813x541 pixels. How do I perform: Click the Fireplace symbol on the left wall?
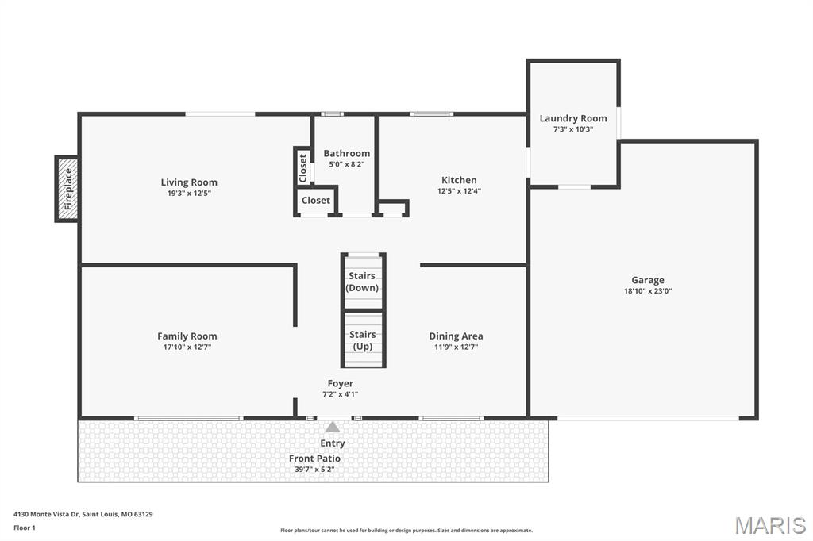tap(67, 189)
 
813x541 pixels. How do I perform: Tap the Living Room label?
tap(189, 182)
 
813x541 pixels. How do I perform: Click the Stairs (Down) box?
tap(363, 282)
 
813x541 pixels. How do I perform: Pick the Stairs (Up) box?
tap(363, 340)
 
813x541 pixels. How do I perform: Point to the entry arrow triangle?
tap(333, 427)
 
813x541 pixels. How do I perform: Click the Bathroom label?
tap(346, 153)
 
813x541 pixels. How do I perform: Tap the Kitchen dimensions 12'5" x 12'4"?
tap(459, 190)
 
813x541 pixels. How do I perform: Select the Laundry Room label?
tap(573, 118)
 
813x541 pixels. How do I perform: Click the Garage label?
tap(648, 280)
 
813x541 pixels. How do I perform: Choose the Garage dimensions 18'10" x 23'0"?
tap(648, 291)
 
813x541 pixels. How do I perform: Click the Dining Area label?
tap(456, 336)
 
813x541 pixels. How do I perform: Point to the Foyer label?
tap(341, 383)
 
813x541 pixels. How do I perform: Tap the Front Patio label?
tap(314, 459)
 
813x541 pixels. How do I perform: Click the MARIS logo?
tap(770, 525)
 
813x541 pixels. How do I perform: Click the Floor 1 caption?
tap(25, 528)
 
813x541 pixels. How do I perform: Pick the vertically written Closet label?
tap(302, 167)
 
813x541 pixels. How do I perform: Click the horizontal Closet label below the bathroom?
tap(315, 201)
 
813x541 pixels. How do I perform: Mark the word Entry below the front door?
tap(333, 443)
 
